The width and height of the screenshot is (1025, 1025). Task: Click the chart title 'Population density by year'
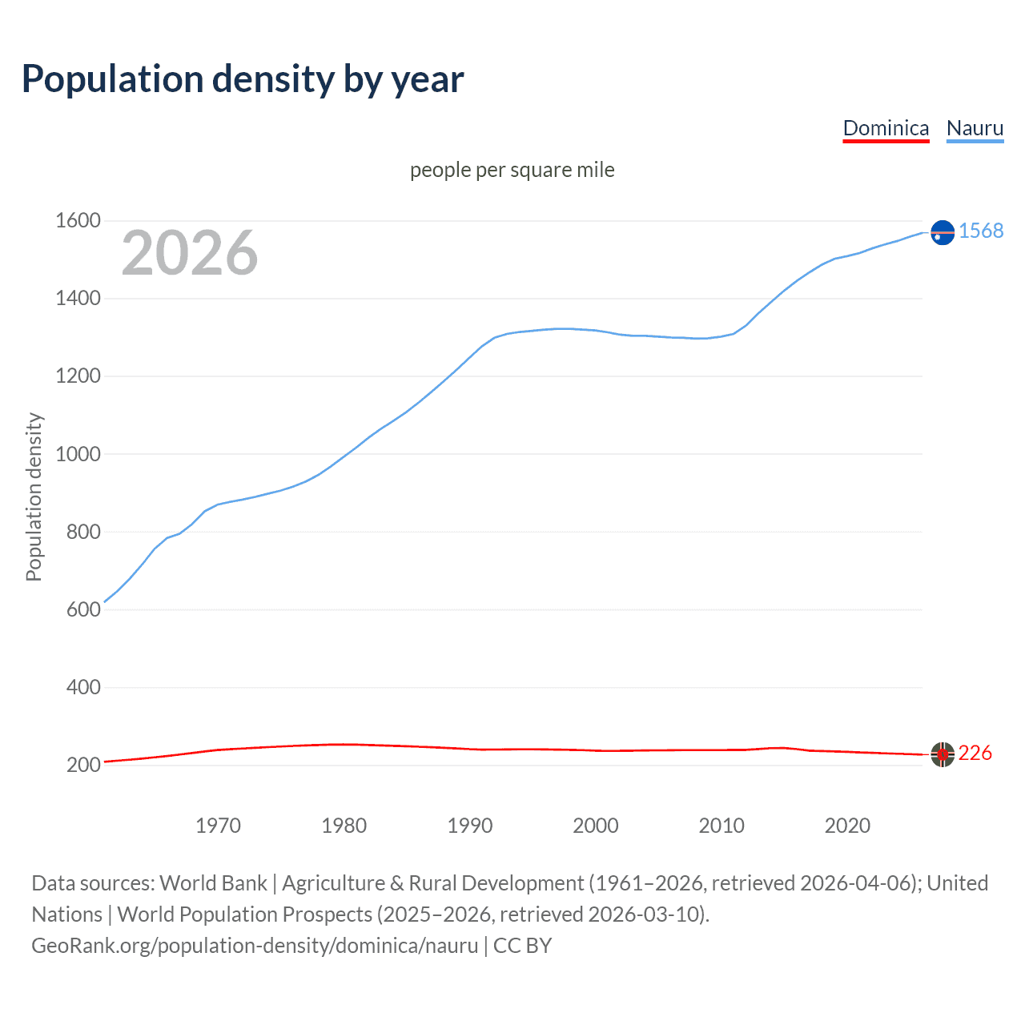click(x=243, y=79)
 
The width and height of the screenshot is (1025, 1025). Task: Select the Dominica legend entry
click(x=886, y=128)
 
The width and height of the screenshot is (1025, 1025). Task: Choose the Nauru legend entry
click(x=975, y=128)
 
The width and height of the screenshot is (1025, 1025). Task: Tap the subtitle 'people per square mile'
click(x=512, y=170)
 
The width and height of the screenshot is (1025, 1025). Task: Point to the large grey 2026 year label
click(x=190, y=253)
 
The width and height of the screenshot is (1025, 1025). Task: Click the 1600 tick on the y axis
click(x=78, y=220)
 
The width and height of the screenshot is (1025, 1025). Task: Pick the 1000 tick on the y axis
click(x=78, y=454)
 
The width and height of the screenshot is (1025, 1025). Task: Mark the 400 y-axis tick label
click(x=83, y=687)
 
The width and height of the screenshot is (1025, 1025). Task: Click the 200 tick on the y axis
click(x=83, y=765)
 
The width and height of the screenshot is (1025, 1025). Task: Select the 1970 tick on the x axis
click(x=218, y=826)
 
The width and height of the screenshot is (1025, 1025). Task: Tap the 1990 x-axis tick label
click(x=470, y=826)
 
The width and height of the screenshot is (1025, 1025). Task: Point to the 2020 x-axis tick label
click(x=847, y=826)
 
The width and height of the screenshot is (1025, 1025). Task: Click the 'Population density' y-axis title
click(x=34, y=496)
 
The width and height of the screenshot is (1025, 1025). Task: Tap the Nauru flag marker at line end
click(x=943, y=232)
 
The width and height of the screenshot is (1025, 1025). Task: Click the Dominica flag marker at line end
click(x=943, y=754)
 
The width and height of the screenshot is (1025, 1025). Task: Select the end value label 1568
click(x=981, y=231)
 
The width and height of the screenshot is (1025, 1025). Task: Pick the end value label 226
click(x=975, y=753)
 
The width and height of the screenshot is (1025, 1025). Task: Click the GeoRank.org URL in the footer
click(x=255, y=946)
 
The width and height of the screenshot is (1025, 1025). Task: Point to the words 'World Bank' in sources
click(x=213, y=883)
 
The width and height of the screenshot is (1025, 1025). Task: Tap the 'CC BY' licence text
click(x=522, y=946)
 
